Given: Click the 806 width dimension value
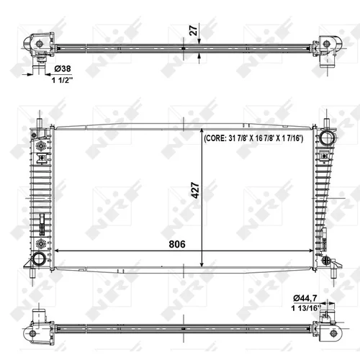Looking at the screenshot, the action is [177, 244].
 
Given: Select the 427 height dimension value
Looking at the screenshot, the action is [196, 191].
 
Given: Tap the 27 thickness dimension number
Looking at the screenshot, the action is [194, 30].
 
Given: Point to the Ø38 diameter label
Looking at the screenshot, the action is [63, 68].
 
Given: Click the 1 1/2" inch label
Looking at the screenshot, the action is [62, 80].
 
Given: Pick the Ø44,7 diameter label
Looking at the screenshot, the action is [305, 298].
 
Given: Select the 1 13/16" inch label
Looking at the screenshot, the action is [306, 308].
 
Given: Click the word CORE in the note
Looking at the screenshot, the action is [215, 138].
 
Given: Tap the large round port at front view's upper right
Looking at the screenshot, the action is [326, 138].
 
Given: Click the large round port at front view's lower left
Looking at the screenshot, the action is [39, 258].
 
